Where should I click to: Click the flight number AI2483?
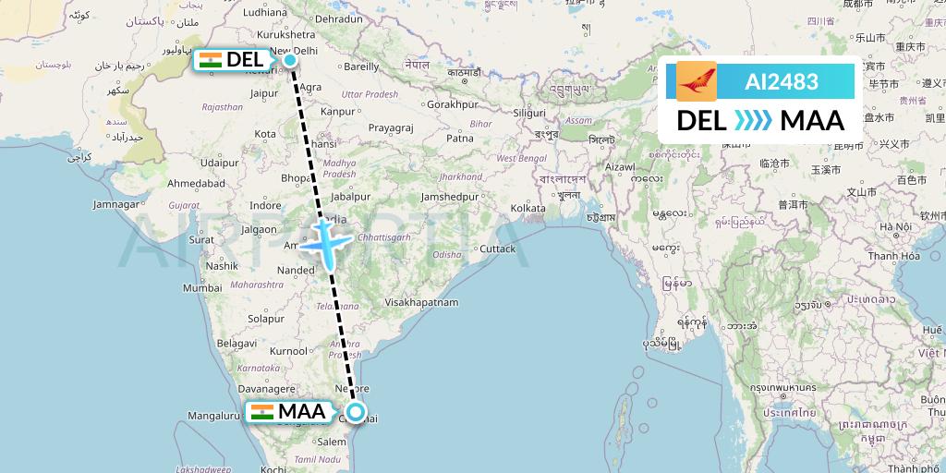tap(781, 81)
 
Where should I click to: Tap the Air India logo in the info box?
tap(696, 81)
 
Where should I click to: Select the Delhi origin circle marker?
tap(290, 61)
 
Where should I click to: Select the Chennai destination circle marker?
tap(356, 413)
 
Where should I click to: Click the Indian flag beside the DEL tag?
tap(211, 61)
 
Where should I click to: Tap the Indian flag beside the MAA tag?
tap(262, 412)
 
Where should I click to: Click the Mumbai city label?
tap(201, 287)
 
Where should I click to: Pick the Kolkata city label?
tap(528, 209)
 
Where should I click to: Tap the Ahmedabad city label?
tap(197, 183)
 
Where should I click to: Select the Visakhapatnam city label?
tap(421, 302)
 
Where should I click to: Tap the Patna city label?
tap(459, 138)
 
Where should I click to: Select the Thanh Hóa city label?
tap(892, 256)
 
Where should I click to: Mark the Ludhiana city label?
tap(265, 13)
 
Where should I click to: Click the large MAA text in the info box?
tap(812, 120)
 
